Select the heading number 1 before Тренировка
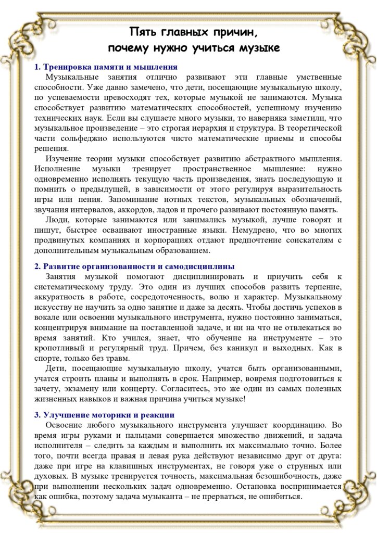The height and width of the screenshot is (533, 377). pyautogui.click(x=37, y=67)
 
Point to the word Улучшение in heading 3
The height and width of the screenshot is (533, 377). pyautogui.click(x=65, y=415)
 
